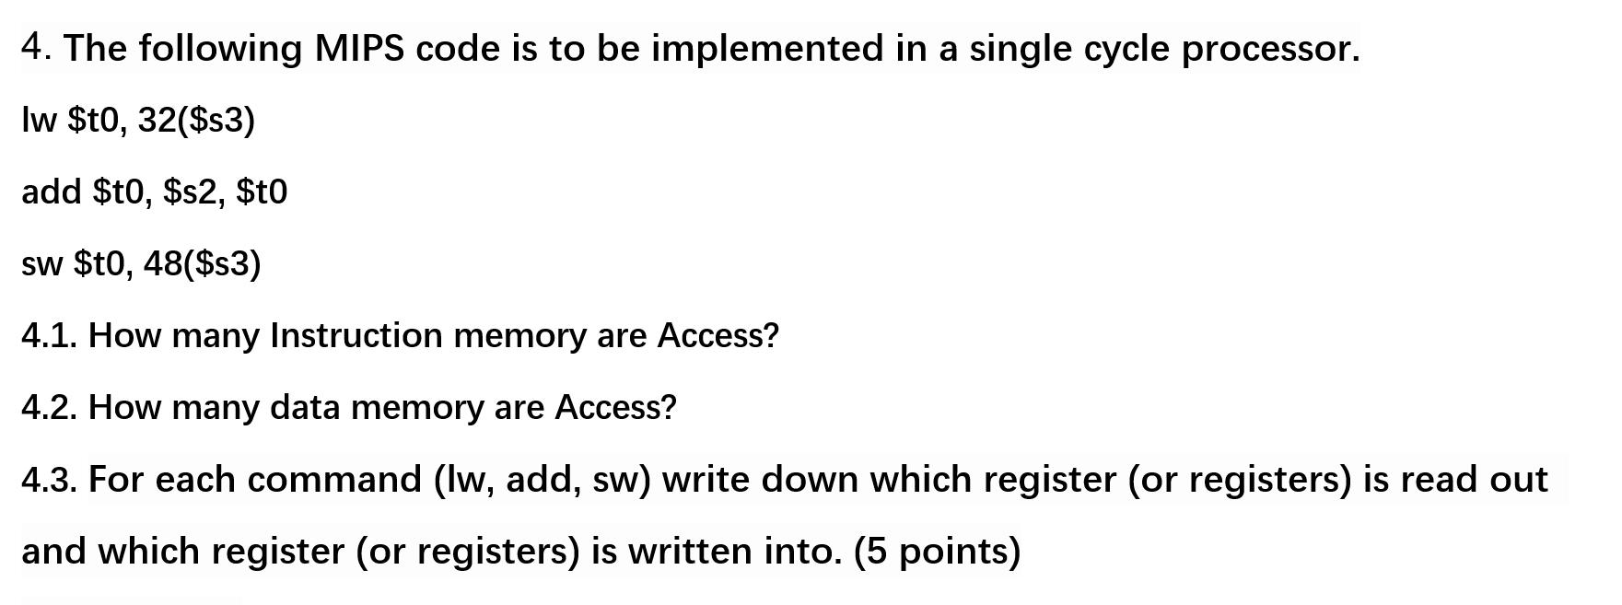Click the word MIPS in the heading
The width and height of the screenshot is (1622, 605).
[x=358, y=49]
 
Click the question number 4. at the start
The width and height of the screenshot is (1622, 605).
[x=37, y=46]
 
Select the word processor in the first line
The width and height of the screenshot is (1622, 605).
[x=1270, y=49]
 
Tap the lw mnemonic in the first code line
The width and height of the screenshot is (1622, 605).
[x=39, y=120]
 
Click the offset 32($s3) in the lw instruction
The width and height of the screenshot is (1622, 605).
[x=196, y=120]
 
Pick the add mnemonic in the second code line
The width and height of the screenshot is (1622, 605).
[x=52, y=192]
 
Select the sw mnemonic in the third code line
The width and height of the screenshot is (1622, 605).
[x=41, y=264]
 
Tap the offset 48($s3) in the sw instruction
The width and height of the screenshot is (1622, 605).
[x=203, y=264]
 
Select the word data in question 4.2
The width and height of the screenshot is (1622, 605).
[x=305, y=408]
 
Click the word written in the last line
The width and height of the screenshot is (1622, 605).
[x=691, y=552]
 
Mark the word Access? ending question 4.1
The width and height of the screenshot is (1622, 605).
[x=718, y=336]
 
